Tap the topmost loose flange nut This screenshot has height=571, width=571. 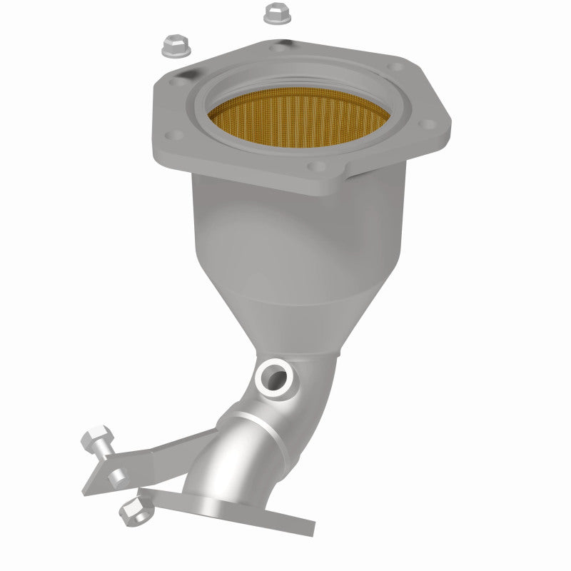pos(276,13)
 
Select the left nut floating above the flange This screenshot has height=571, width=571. pos(174,46)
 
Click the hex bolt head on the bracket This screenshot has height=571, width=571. pos(96,437)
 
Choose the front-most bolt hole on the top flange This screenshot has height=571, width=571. pos(316,166)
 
